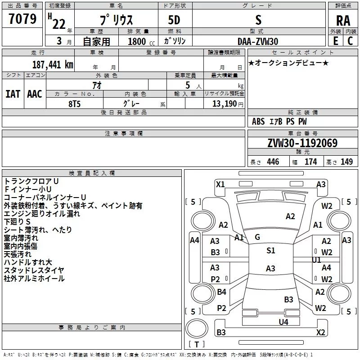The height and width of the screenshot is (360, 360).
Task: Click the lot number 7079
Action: click(22, 19)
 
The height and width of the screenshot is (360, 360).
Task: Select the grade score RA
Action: click(343, 21)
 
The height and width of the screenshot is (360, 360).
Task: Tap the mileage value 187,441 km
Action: click(53, 65)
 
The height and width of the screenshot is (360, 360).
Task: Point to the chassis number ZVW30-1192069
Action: click(302, 143)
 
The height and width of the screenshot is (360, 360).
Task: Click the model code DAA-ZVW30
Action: click(258, 41)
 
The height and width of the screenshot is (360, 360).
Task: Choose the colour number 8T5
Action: click(75, 104)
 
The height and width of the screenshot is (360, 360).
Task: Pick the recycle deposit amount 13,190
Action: click(225, 104)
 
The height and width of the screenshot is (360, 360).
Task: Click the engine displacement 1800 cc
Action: click(141, 41)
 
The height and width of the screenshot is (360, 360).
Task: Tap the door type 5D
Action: click(174, 20)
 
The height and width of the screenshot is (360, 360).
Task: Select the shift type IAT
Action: click(13, 94)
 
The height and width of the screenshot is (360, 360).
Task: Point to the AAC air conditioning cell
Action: click(35, 94)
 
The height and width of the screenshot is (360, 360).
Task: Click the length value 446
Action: click(273, 162)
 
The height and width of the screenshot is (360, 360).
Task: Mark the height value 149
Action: click(346, 162)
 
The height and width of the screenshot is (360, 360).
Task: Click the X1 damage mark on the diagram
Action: click(220, 184)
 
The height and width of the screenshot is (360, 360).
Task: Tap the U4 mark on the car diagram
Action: click(283, 322)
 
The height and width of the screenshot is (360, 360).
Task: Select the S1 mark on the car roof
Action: click(271, 250)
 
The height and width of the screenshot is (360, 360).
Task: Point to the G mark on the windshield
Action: click(257, 237)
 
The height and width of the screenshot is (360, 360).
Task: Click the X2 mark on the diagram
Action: click(320, 332)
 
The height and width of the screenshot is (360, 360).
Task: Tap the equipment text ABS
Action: click(258, 121)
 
